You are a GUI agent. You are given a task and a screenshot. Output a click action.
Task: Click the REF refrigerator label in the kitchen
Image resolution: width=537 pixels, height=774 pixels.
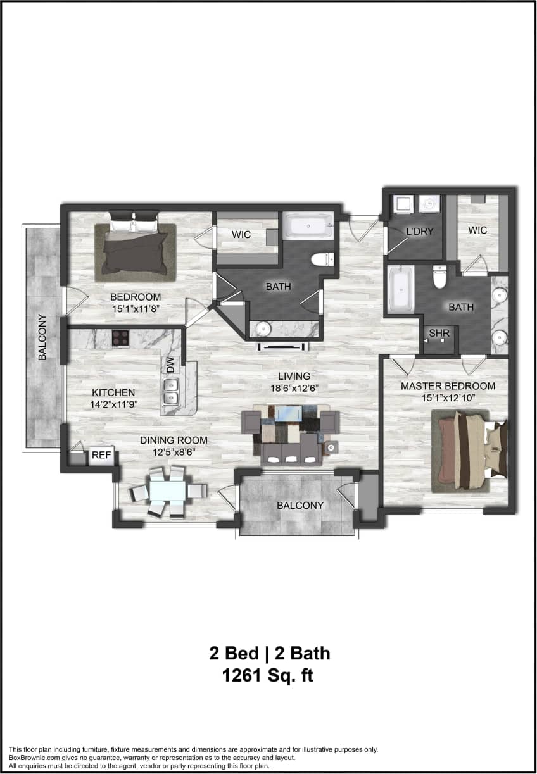[x=102, y=455]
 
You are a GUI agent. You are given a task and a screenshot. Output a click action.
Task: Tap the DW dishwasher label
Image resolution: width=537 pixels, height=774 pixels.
[x=170, y=366]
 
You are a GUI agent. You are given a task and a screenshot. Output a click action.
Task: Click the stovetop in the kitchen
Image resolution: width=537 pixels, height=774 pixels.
[x=120, y=338]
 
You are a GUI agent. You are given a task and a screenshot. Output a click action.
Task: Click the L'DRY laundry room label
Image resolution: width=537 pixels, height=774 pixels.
[x=420, y=231]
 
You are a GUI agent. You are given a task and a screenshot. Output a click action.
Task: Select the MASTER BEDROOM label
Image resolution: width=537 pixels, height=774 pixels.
[x=448, y=385]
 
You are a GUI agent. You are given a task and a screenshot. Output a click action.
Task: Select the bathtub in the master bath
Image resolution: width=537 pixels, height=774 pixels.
[x=400, y=289]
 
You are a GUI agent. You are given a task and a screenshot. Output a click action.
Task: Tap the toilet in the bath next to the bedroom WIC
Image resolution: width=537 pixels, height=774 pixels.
[x=322, y=258]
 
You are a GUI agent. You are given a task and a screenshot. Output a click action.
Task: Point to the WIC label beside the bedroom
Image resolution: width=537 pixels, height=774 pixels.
[x=241, y=235]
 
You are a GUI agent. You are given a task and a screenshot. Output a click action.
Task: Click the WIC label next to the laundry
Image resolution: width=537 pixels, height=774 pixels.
[x=477, y=230]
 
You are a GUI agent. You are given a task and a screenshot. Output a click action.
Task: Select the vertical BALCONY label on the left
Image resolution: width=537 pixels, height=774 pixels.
[x=42, y=337]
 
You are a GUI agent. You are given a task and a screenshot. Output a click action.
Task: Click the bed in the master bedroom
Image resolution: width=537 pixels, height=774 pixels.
[x=469, y=451]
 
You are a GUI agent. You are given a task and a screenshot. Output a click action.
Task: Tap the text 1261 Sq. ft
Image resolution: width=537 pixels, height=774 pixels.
[x=268, y=676]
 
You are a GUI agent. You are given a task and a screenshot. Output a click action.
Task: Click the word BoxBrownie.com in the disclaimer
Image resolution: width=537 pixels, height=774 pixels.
[x=34, y=758]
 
